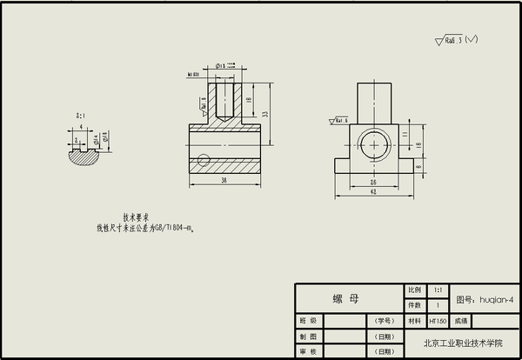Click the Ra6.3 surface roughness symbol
pos(456,40)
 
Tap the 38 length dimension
pos(224,181)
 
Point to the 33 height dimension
pos(264,114)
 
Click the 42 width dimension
pos(373,193)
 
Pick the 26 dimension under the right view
pos(373,183)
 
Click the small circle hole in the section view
pos(204,159)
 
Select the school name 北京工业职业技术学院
pos(463,343)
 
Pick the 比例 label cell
pos(413,290)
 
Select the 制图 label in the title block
pos(308,337)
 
